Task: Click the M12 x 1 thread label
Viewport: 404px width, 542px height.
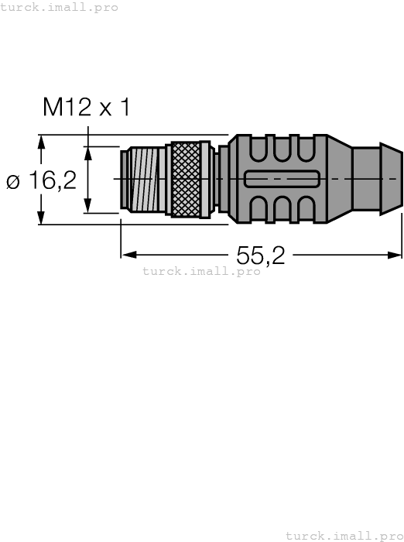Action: tap(87, 107)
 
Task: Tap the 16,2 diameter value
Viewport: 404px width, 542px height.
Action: tap(53, 181)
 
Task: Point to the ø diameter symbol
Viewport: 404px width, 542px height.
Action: tap(13, 183)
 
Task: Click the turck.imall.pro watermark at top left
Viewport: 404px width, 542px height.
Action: tap(59, 7)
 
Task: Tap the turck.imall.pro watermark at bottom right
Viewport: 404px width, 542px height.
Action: tap(344, 535)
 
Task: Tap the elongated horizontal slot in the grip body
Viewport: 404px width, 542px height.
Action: tap(280, 179)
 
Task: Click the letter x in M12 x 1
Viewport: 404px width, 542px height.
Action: tap(103, 108)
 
